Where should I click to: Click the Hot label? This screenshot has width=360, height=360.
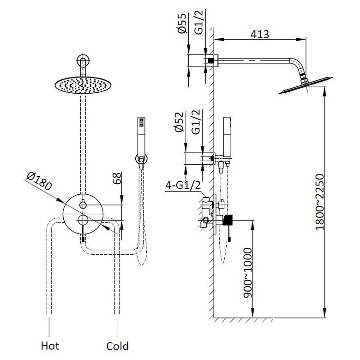50,345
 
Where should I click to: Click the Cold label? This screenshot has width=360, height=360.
117,345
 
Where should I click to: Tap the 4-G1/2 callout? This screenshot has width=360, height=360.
183,186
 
